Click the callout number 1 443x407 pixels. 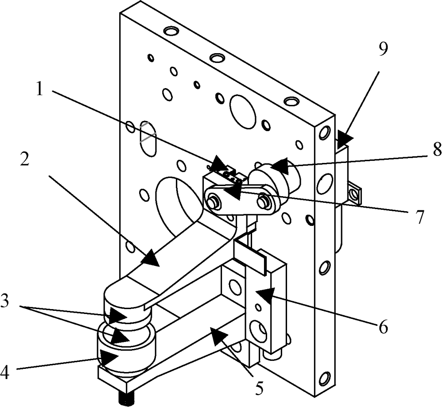[39, 90]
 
